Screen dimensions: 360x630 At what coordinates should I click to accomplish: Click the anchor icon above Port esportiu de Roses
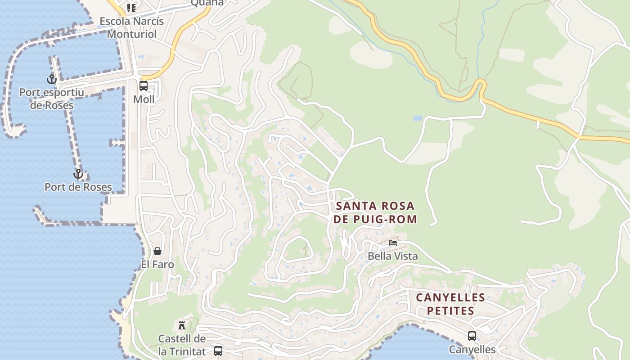(x=52, y=79)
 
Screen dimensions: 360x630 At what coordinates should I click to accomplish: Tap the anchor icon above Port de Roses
(x=78, y=174)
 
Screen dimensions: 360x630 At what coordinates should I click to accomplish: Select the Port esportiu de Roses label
(x=51, y=99)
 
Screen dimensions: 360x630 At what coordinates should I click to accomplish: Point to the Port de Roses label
(x=78, y=187)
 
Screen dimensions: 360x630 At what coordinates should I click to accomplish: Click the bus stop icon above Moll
(x=144, y=85)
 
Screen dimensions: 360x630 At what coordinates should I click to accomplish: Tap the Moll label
(x=144, y=99)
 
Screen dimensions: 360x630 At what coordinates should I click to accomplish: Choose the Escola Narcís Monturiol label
(x=131, y=27)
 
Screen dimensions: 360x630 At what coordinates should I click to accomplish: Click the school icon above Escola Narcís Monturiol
(x=131, y=8)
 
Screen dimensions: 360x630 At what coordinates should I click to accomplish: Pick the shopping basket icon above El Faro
(x=157, y=251)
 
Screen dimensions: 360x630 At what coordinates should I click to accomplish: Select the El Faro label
(x=157, y=265)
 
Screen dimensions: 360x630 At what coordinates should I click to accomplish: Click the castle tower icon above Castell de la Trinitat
(x=182, y=325)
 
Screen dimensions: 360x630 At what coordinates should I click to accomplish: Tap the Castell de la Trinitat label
(x=182, y=345)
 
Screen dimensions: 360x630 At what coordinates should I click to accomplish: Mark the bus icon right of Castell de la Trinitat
(x=218, y=351)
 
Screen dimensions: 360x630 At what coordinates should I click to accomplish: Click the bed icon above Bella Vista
(x=393, y=243)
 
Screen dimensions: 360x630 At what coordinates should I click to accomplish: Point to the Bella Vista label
(x=393, y=256)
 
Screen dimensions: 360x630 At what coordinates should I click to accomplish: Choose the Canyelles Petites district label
(x=450, y=304)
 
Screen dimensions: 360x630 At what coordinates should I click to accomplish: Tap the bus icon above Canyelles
(x=472, y=336)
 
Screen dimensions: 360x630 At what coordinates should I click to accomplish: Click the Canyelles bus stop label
(x=472, y=350)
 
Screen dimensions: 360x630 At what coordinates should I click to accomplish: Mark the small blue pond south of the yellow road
(x=418, y=118)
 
